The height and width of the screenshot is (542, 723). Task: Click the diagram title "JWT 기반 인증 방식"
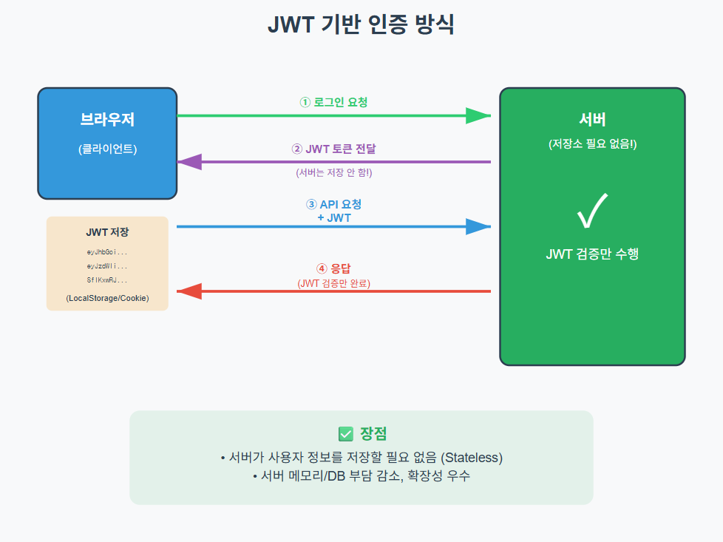[x=361, y=24]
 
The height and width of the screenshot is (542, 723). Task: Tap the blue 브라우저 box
[x=107, y=143]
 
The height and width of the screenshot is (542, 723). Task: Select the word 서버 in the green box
[x=592, y=119]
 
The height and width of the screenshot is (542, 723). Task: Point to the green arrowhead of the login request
[x=478, y=115]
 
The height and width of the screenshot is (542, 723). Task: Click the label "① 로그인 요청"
[x=333, y=102]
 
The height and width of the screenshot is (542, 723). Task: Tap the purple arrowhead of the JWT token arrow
[x=189, y=161]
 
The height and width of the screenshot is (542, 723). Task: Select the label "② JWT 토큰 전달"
[x=333, y=149]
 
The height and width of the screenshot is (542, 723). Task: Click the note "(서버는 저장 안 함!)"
[x=333, y=172]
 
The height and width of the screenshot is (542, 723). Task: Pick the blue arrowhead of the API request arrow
[x=478, y=226]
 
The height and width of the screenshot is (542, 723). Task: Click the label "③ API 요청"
[x=333, y=204]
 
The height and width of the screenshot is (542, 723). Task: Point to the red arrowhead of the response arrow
[x=189, y=291]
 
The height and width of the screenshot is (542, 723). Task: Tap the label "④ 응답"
[x=333, y=268]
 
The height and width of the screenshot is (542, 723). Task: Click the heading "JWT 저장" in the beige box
[x=107, y=232]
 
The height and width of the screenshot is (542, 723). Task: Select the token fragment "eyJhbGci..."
[x=107, y=252]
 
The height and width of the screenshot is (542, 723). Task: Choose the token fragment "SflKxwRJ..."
[x=107, y=280]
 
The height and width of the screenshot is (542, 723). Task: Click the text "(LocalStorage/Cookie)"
[x=107, y=298]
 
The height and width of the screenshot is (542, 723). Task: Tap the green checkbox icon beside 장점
[x=345, y=434]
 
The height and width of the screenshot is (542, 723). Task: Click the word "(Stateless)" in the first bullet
[x=472, y=457]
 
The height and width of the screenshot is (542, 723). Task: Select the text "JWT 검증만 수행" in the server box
[x=592, y=254]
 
